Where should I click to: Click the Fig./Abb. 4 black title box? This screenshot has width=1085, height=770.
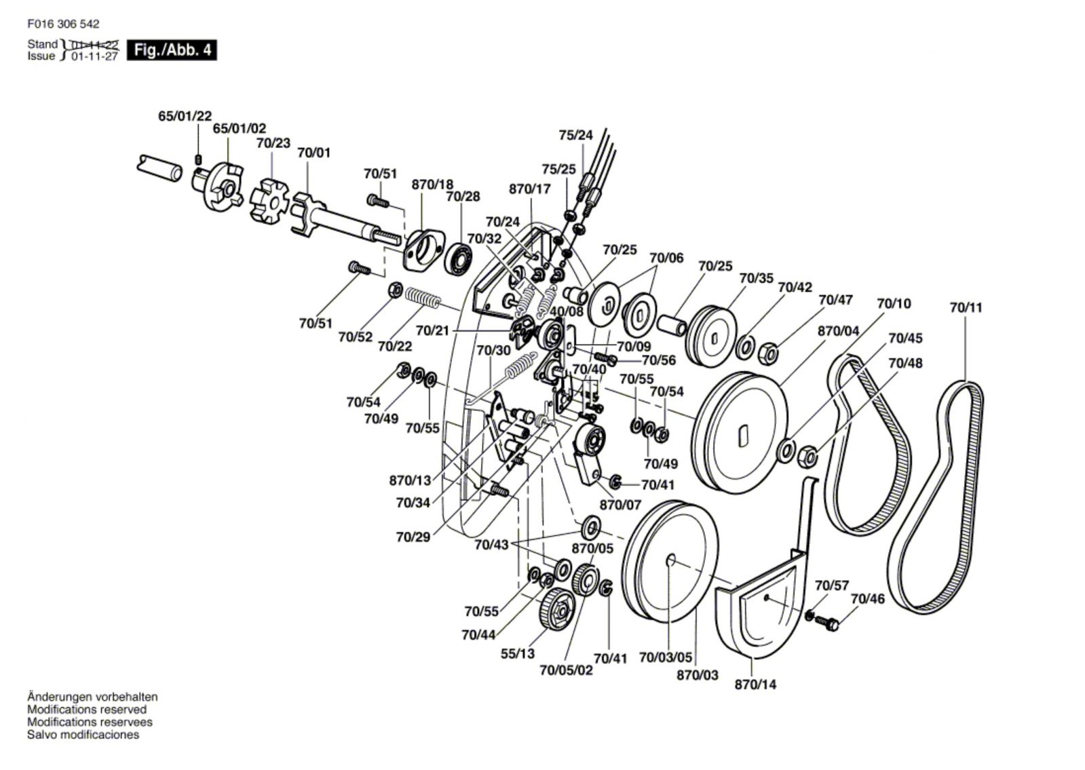coord(172,50)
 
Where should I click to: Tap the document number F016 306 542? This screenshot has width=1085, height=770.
coord(63,24)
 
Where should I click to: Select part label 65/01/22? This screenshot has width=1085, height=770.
coord(185,116)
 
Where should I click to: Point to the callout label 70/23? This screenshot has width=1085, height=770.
coord(273,143)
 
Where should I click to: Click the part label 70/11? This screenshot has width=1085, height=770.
coord(966,307)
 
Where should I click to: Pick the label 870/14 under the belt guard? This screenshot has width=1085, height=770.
coord(755,684)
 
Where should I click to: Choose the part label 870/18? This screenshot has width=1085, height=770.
coord(432,185)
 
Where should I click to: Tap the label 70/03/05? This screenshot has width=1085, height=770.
coord(666,657)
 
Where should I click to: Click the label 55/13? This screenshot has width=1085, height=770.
coord(518,653)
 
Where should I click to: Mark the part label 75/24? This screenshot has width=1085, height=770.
coord(575,135)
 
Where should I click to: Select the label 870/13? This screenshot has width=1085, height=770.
coord(410,480)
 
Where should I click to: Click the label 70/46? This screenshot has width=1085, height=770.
coord(867,598)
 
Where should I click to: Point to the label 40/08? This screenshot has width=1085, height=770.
coord(567,311)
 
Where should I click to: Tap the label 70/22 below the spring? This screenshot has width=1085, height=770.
coord(395,346)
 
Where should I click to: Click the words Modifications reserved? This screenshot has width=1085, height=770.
coord(87,710)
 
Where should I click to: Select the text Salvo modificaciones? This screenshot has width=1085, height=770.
coord(83,734)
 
